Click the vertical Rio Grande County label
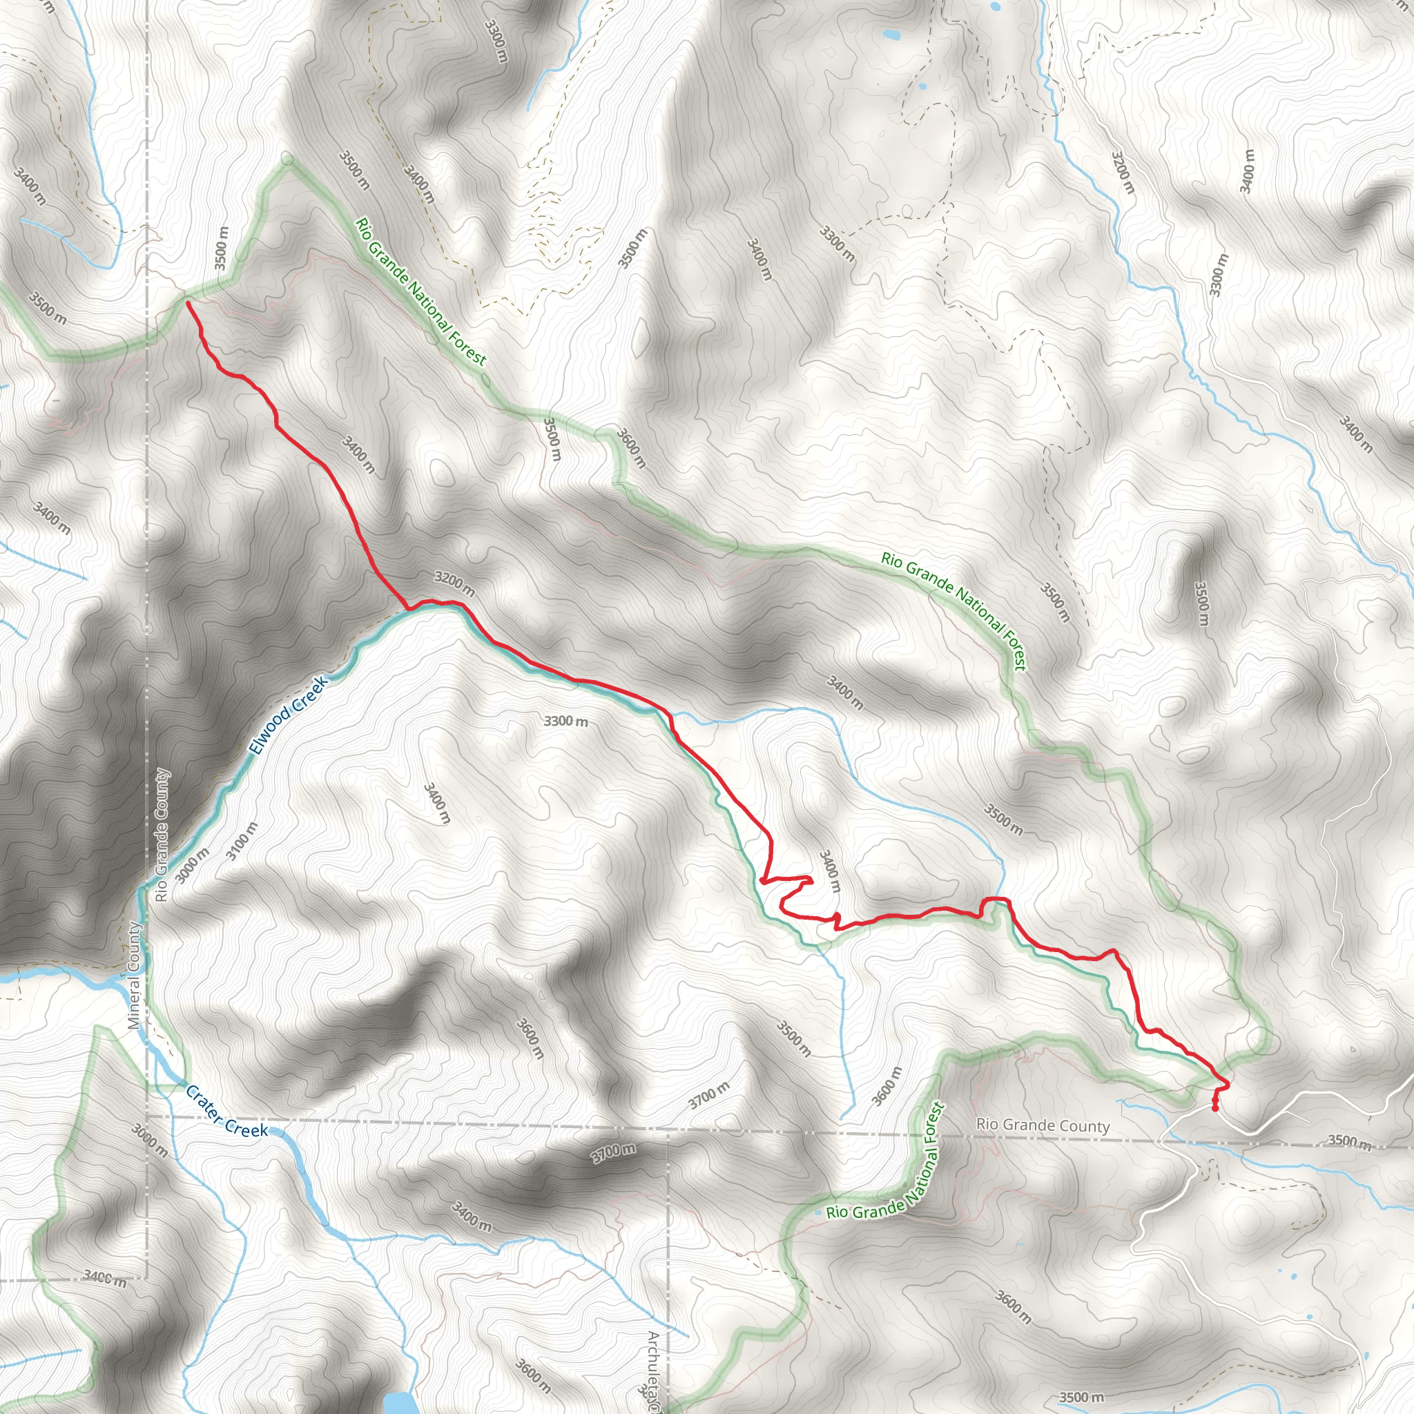162,834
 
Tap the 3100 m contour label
242,841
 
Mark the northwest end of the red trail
188,302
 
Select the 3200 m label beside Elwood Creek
454,583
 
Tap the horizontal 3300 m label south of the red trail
565,721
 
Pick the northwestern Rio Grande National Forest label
421,291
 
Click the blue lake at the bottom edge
397,1404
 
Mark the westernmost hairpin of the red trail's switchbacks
763,880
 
